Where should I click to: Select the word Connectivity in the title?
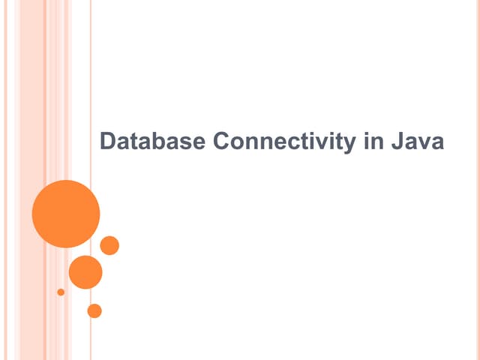pos(284,142)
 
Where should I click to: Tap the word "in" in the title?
pos(373,142)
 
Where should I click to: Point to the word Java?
pos(417,142)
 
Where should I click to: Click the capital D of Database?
pos(107,142)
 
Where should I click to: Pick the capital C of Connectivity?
pos(221,142)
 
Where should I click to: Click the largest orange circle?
pos(66,214)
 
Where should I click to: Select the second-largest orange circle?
pos(85,272)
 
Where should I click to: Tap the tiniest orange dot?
pos(61,292)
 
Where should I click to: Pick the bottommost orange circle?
pos(94,310)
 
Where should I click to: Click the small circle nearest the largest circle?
pos(109,245)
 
